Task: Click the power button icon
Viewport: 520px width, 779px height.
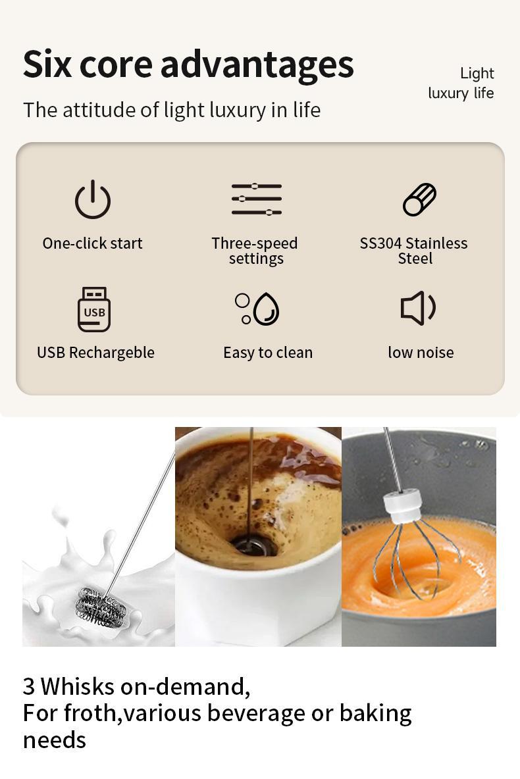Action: pos(93,199)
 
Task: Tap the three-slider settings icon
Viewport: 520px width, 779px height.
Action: pos(257,199)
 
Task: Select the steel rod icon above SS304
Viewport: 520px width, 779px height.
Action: pos(419,199)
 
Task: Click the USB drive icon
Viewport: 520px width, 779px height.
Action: pos(94,309)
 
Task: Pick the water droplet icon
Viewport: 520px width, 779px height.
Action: pos(266,309)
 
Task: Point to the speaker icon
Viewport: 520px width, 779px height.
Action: pos(418,308)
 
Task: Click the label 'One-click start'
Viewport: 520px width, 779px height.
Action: pos(93,243)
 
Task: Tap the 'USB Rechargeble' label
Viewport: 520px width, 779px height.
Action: pos(95,353)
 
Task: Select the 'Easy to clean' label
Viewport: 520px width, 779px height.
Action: pos(268,353)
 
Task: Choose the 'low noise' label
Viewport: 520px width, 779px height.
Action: pos(421,353)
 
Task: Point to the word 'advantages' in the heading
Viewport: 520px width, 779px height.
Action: pos(257,65)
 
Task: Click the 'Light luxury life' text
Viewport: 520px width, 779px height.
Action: pos(461,83)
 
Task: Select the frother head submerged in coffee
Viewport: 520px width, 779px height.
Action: pos(250,544)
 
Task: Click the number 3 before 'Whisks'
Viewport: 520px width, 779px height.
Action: pos(29,687)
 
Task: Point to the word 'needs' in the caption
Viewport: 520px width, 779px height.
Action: pos(55,740)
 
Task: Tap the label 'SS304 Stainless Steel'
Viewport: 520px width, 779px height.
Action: pos(413,251)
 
